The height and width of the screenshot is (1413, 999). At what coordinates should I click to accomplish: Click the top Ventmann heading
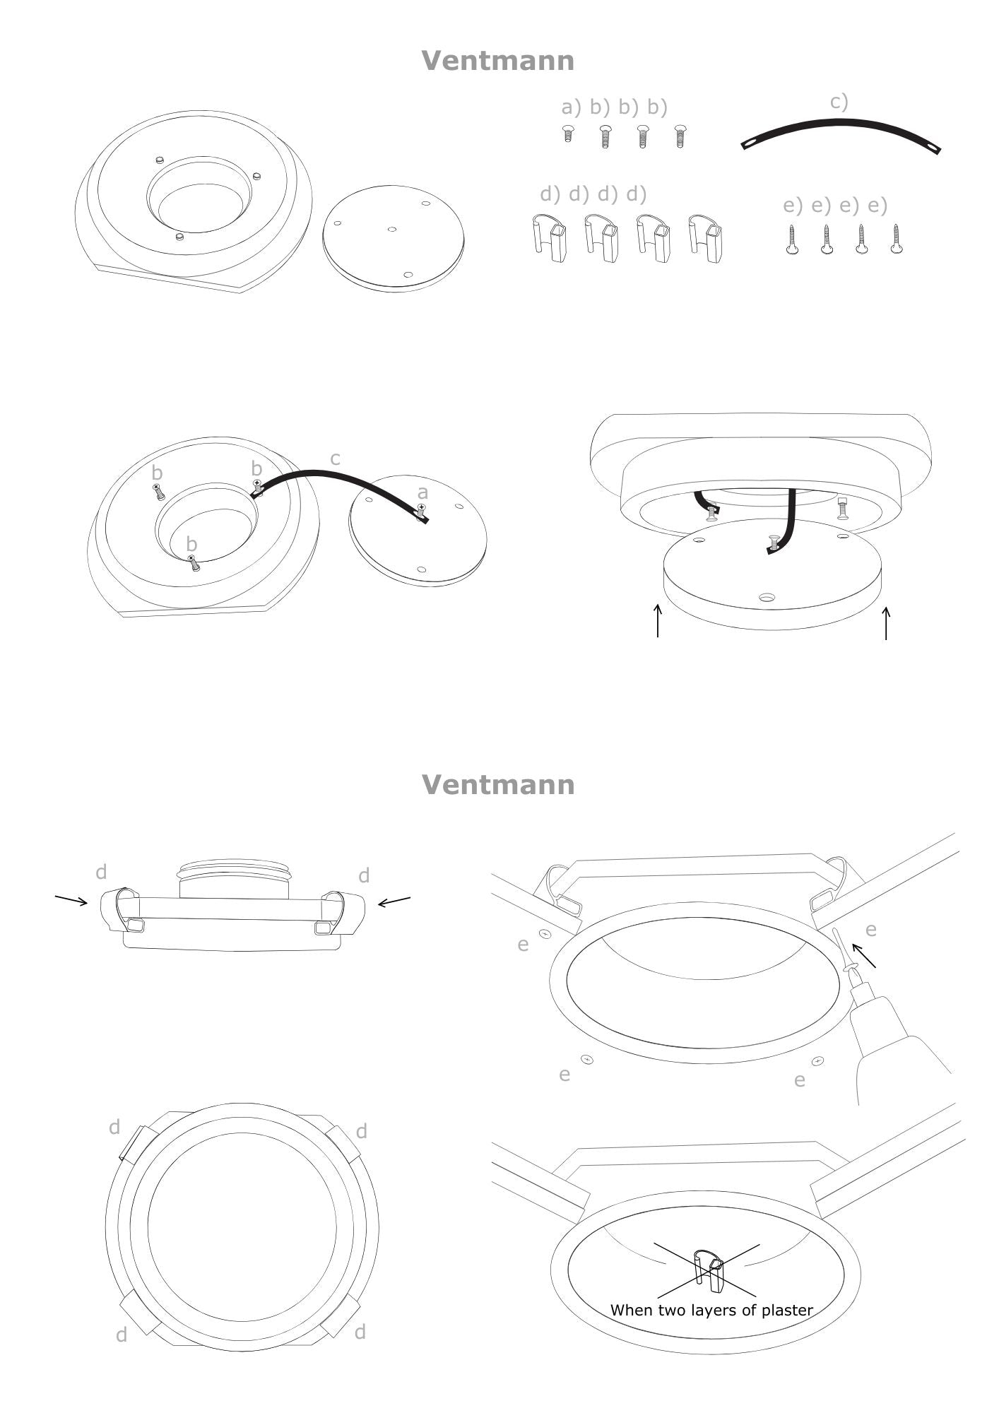(498, 61)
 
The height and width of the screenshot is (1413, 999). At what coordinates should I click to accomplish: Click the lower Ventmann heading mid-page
(498, 785)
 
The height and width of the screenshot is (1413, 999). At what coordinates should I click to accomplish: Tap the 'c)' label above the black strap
(839, 102)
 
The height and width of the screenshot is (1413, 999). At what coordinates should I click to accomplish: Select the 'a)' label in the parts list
(571, 107)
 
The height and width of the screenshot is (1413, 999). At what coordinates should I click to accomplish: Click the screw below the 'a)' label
(568, 134)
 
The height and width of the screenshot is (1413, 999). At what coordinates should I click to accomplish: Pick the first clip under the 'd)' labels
(548, 238)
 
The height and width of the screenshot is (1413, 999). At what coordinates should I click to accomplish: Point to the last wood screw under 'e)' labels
(896, 239)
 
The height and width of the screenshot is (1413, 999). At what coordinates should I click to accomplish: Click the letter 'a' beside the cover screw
(422, 492)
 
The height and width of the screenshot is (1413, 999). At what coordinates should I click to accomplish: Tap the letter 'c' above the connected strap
(335, 459)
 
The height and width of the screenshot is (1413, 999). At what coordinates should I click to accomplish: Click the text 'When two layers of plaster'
(711, 1310)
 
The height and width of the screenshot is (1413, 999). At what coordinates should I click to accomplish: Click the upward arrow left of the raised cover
(658, 620)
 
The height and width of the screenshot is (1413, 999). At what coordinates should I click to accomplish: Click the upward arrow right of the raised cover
(886, 623)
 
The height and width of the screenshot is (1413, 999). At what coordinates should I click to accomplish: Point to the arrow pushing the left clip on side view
(71, 899)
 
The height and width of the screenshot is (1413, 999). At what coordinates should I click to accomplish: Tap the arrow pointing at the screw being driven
(864, 955)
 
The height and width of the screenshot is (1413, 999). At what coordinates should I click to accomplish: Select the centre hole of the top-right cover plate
(393, 229)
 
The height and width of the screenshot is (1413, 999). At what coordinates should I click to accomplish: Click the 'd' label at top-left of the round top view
(114, 1127)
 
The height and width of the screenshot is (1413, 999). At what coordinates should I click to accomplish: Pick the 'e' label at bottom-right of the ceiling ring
(800, 1080)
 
